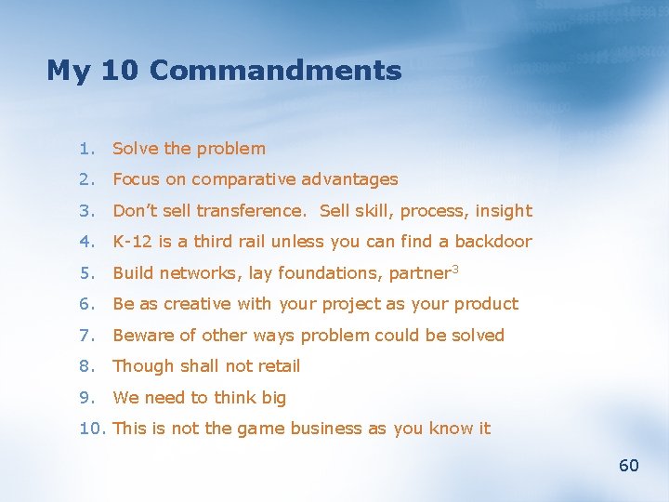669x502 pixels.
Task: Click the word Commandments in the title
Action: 275,71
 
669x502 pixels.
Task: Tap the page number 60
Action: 629,466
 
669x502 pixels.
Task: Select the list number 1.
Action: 85,149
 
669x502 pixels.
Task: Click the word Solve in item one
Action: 136,149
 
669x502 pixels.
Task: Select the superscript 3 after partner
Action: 455,270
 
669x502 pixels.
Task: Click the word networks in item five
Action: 196,273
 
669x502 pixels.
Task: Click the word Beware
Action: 142,336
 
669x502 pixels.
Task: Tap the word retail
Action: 278,366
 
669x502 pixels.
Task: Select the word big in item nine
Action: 273,398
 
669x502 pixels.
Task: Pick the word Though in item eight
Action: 142,366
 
